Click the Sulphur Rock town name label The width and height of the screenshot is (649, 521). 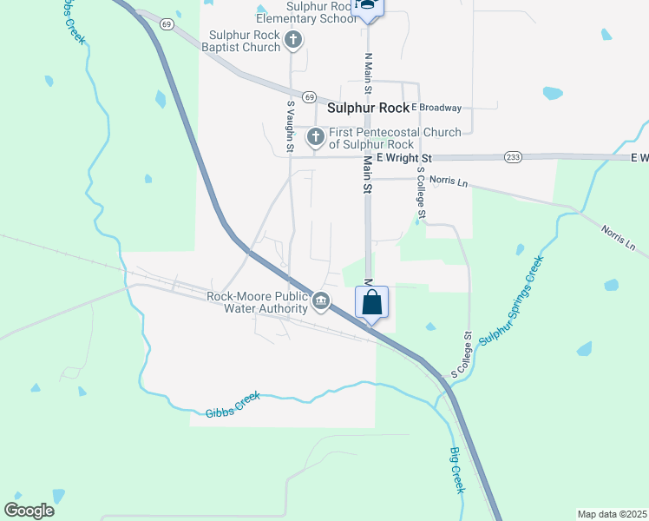click(x=368, y=109)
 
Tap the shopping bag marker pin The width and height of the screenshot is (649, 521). click(x=372, y=303)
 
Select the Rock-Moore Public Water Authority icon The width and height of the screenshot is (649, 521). click(x=321, y=301)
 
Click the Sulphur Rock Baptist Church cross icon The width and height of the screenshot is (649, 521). click(x=293, y=40)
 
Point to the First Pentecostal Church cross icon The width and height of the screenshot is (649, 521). click(x=316, y=137)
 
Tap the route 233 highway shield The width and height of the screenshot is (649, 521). click(x=512, y=156)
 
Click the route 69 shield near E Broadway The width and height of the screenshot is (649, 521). click(x=310, y=96)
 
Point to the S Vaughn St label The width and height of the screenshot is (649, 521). click(x=291, y=127)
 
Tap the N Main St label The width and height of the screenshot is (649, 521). click(x=368, y=73)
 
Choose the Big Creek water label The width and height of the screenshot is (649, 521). click(x=457, y=469)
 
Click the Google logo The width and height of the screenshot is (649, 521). click(x=29, y=511)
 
